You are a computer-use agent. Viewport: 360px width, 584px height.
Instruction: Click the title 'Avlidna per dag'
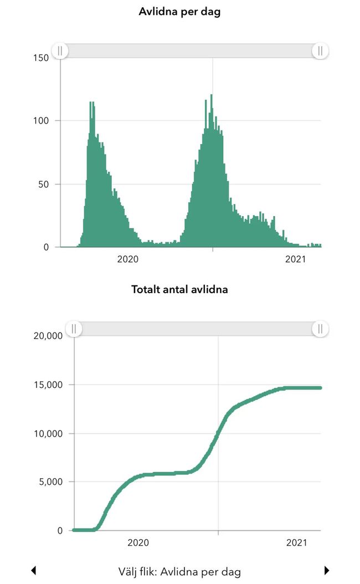tap(179, 12)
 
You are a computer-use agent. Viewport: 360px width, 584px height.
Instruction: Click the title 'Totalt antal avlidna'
tap(179, 289)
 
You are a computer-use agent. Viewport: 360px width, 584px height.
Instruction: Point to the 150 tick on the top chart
tap(41, 58)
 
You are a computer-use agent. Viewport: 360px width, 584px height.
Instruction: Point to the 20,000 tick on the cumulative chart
tap(49, 336)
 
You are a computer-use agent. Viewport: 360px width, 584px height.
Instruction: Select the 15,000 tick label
tap(49, 385)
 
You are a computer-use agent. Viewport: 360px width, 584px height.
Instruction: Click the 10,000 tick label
tap(49, 433)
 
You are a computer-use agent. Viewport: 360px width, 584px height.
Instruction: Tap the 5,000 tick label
tap(51, 482)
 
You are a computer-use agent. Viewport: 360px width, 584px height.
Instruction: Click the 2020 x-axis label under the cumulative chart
tap(138, 544)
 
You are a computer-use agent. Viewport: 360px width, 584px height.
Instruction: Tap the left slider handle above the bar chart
tap(60, 51)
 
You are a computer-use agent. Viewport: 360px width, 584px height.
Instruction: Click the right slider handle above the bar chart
tap(320, 51)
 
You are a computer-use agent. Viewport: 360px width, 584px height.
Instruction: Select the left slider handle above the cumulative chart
tap(74, 329)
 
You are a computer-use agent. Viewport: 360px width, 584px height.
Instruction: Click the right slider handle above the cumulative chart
tap(320, 329)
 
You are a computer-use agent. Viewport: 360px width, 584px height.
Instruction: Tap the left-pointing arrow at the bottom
tap(33, 571)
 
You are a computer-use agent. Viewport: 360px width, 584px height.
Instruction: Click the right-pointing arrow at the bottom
tap(327, 571)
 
